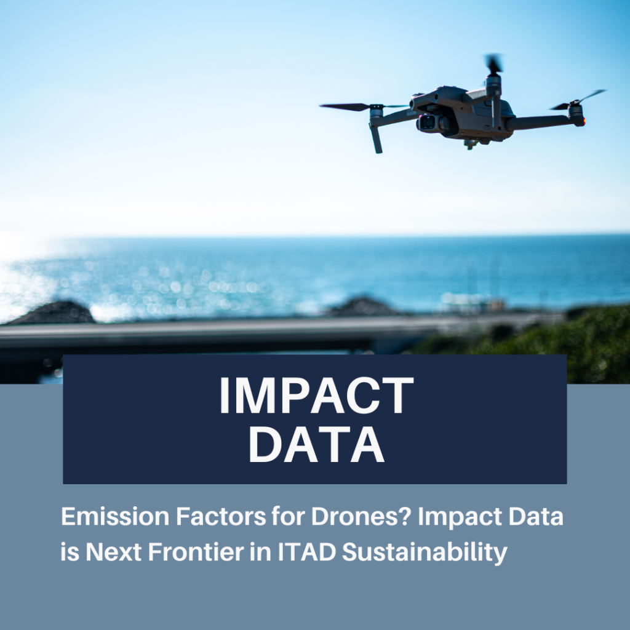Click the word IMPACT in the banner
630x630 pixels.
point(316,396)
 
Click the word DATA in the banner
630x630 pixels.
point(317,445)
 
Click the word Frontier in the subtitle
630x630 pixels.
point(196,552)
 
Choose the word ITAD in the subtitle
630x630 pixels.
point(307,552)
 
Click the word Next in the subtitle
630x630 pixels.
point(114,552)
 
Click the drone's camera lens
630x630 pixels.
point(428,122)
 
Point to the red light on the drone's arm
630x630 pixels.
point(584,120)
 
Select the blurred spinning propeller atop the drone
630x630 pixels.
point(493,64)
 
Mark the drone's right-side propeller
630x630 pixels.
point(578,100)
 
